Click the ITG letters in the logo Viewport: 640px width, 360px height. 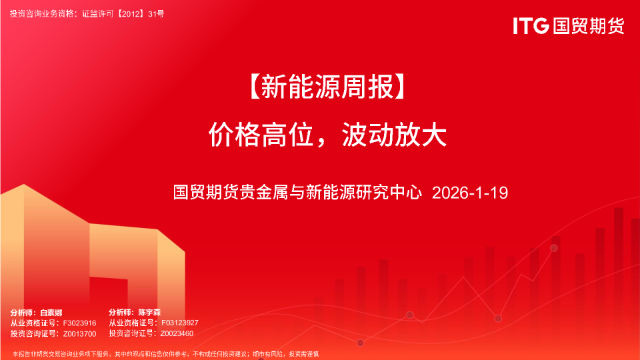click(531, 26)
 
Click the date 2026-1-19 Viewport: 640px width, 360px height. click(470, 193)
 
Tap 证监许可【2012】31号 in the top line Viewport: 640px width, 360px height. click(123, 13)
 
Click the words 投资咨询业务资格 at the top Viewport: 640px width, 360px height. click(43, 13)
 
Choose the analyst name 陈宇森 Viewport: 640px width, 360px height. click(150, 312)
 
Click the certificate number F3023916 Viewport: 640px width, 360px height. click(80, 323)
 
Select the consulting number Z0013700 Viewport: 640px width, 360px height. click(80, 333)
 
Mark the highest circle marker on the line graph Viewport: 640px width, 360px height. click(553, 248)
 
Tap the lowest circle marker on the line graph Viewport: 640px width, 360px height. click(361, 343)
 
